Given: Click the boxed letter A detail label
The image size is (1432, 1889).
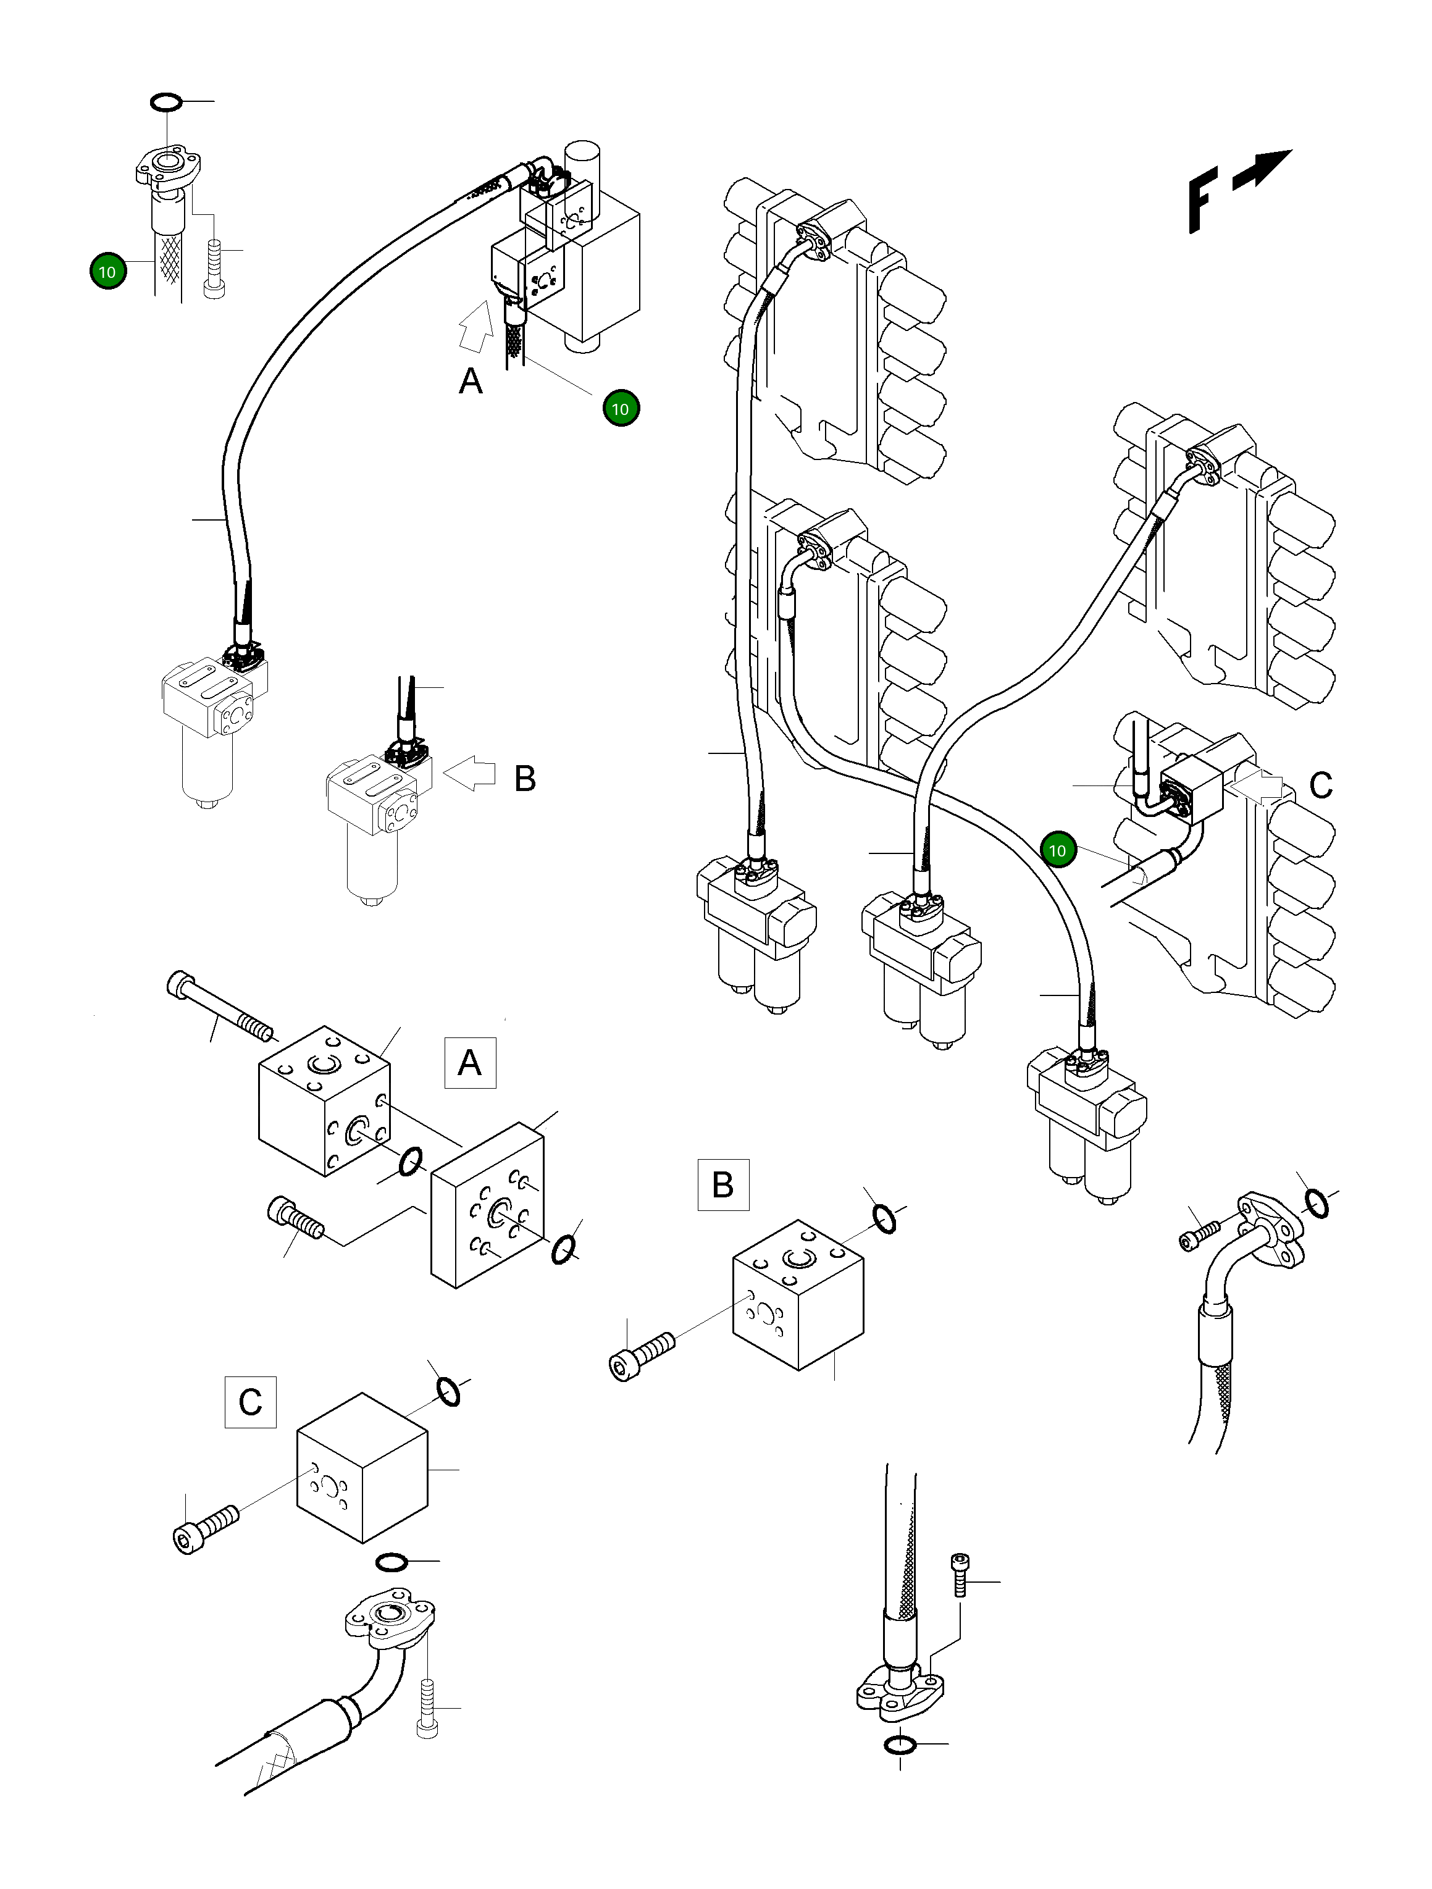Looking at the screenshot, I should (x=470, y=1062).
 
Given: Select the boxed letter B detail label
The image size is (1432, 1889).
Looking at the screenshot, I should (x=723, y=1184).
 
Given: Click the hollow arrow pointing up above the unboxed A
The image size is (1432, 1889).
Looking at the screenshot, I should (x=475, y=325).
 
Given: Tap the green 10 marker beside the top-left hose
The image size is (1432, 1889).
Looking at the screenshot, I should (x=107, y=272).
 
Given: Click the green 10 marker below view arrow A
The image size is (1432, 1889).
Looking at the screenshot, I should (x=621, y=408).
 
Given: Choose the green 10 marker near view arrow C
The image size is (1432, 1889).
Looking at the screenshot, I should (x=1057, y=850).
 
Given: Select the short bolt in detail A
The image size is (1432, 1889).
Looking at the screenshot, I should (x=295, y=1218).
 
